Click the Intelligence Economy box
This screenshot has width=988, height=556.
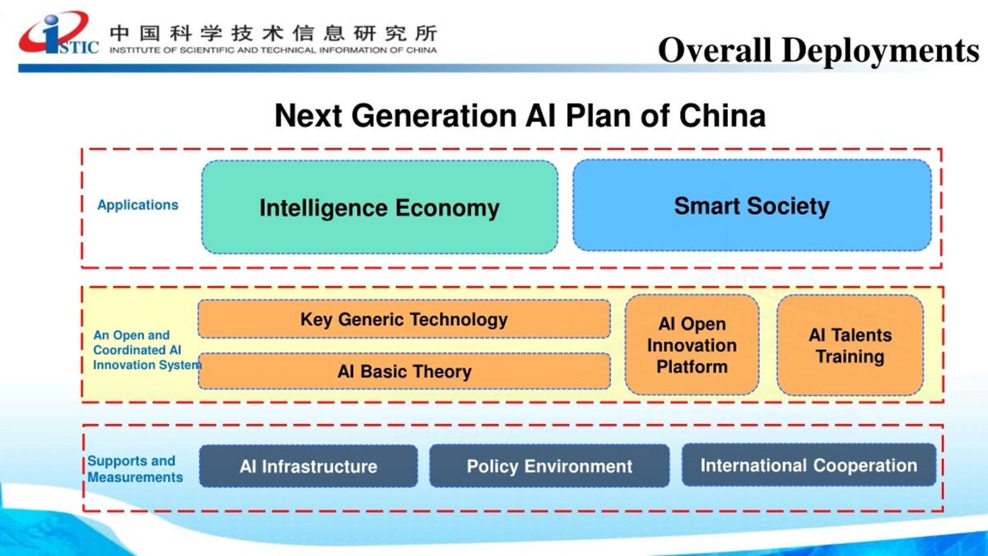click(x=380, y=207)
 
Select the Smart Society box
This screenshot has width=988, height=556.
click(x=752, y=206)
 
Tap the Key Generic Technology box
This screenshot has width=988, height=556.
click(x=404, y=319)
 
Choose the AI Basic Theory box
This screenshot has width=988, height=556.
click(x=404, y=371)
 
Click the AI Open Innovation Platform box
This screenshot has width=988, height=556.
click(x=692, y=344)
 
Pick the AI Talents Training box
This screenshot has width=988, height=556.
click(x=850, y=345)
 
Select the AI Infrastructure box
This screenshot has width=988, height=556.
click(x=308, y=466)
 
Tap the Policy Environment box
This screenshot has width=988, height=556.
click(x=549, y=466)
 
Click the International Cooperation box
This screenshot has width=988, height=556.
click(x=809, y=465)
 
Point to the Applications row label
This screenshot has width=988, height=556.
click(x=137, y=205)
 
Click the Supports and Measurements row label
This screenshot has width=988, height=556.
click(x=135, y=469)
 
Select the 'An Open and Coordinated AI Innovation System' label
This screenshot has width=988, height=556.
click(x=147, y=350)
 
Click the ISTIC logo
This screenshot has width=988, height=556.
click(x=58, y=34)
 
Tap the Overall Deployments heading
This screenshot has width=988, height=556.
click(x=818, y=50)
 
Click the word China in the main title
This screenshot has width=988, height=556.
click(x=723, y=115)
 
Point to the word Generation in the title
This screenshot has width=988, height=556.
click(x=434, y=115)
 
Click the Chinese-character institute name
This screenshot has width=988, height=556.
click(x=273, y=34)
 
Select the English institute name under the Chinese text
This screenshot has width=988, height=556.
click(x=273, y=50)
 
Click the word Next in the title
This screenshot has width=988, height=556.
click(x=308, y=115)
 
